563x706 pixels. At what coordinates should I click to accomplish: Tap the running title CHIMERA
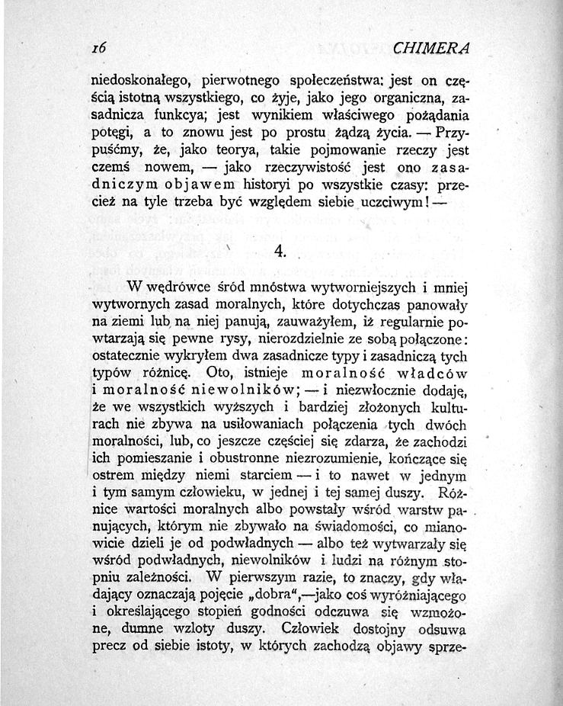(433, 48)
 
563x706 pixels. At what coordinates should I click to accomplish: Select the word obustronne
(229, 460)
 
